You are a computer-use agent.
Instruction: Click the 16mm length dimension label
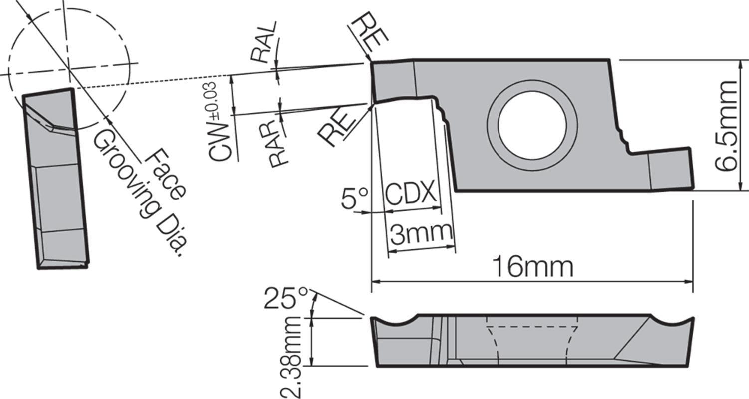pos(532,267)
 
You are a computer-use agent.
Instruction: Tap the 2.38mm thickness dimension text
pos(291,357)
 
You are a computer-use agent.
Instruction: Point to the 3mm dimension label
pos(421,233)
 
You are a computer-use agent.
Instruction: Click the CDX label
pos(411,194)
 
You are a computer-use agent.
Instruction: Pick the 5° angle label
pos(355,199)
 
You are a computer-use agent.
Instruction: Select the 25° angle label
pos(286,298)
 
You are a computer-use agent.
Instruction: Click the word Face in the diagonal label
pos(166,175)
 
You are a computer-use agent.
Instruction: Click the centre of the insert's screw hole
pos(532,125)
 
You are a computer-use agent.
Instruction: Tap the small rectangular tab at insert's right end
pos(670,170)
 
